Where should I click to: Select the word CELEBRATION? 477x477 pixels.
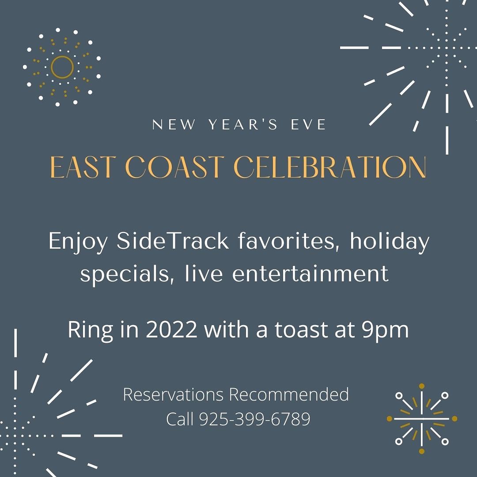(330, 167)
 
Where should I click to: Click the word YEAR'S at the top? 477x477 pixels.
(243, 124)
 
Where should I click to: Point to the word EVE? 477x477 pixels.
(308, 124)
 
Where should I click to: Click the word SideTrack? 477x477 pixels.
(173, 241)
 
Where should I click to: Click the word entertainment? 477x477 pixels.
(310, 273)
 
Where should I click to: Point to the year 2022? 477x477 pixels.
(171, 329)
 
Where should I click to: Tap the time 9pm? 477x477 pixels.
(385, 331)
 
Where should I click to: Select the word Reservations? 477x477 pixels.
(174, 394)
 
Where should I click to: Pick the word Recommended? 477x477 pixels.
(289, 394)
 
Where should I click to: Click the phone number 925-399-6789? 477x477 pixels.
(255, 419)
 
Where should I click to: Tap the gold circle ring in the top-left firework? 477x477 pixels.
(62, 56)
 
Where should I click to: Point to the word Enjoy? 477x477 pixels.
(78, 242)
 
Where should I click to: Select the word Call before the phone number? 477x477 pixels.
(180, 419)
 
